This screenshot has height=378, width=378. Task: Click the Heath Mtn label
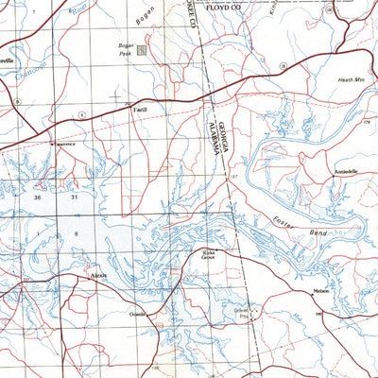pyautogui.click(x=352, y=80)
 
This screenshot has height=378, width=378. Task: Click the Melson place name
pyautogui.click(x=321, y=291)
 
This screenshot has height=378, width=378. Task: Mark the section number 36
pyautogui.click(x=37, y=198)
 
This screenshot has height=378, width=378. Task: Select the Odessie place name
pyautogui.click(x=141, y=312)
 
